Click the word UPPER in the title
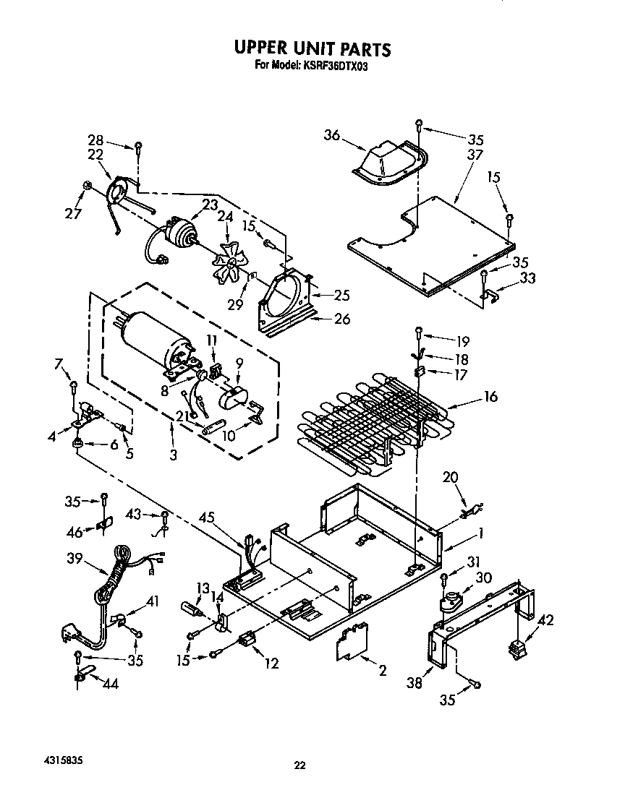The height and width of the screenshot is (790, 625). point(260,48)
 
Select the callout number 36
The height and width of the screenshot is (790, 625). point(332,135)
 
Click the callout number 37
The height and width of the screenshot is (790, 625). point(475,155)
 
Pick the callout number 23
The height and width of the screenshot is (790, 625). point(210,205)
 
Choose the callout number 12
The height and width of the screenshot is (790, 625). point(271,664)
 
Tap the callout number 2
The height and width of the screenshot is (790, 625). point(382,671)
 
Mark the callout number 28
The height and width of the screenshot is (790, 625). point(96,140)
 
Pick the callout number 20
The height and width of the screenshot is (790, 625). point(450,476)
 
